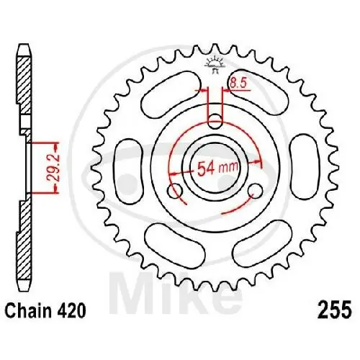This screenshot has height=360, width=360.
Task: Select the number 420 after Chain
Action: pos(73,311)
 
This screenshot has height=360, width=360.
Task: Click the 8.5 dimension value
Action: pos(238,85)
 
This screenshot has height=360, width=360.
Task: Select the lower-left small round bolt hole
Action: pos(175,191)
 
